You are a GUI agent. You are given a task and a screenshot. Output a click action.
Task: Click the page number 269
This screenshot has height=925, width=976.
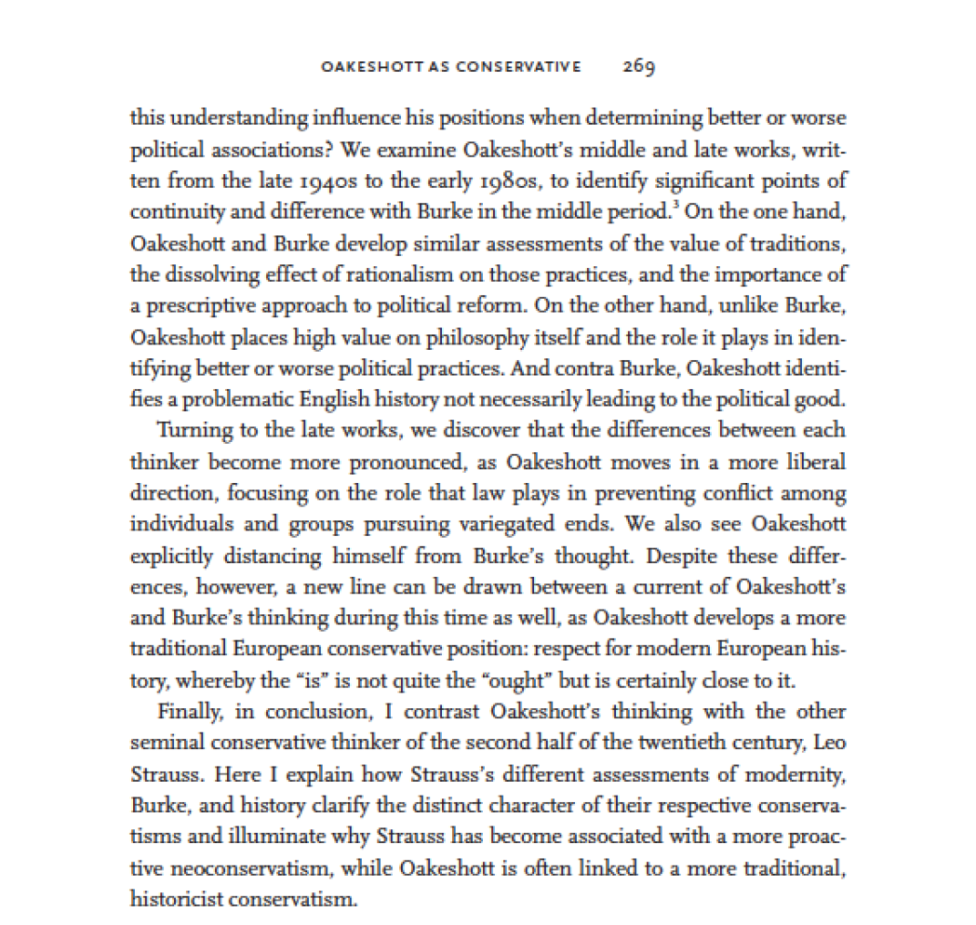[640, 66]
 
